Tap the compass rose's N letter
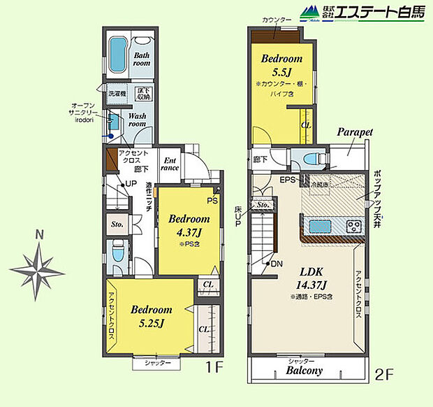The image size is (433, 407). click(x=40, y=235)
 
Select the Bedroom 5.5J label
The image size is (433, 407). click(x=281, y=65)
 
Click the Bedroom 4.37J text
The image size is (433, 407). click(x=186, y=224)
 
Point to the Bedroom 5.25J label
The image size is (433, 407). click(x=151, y=315)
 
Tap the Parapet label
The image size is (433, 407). click(x=355, y=131)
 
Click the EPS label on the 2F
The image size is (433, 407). click(x=288, y=180)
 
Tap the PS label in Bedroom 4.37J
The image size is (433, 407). click(x=212, y=200)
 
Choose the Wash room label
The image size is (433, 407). click(x=138, y=120)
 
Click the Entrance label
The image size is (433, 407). click(x=170, y=164)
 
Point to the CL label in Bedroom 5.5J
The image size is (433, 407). click(x=305, y=126)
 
